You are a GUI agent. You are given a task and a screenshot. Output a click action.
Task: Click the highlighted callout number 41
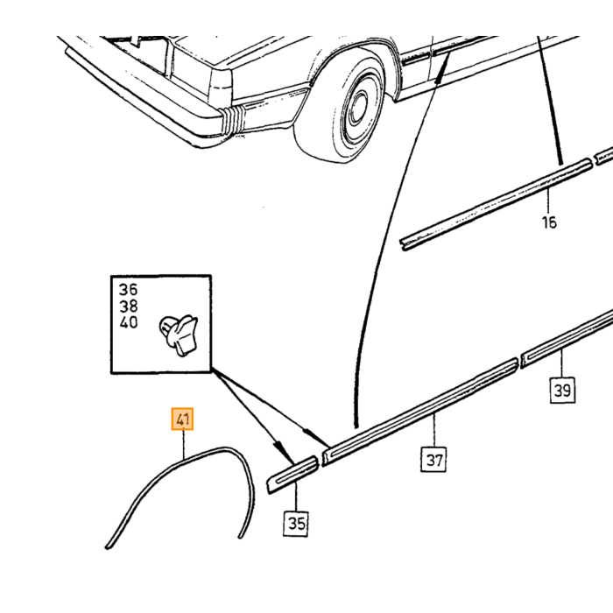(182, 419)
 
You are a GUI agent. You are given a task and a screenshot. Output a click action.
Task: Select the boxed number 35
(296, 524)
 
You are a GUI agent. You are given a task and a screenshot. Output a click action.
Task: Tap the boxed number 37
(433, 460)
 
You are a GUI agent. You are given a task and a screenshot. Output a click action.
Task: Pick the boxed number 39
(562, 390)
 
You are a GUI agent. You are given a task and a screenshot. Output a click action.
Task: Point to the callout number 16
(549, 222)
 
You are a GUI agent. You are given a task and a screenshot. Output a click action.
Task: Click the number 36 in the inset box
(128, 290)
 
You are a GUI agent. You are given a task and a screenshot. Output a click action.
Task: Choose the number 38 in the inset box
(128, 306)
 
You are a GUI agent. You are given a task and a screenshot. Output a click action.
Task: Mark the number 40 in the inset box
(128, 322)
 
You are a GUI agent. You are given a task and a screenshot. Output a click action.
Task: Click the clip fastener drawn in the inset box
(179, 335)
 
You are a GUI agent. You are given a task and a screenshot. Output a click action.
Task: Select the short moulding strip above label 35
(292, 475)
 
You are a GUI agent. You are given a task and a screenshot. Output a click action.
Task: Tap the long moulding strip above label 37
(420, 412)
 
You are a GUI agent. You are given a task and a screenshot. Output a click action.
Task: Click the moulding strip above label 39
(567, 338)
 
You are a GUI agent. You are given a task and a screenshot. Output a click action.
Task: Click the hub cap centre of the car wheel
(357, 105)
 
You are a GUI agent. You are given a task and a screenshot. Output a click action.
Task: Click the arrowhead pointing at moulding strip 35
(285, 452)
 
